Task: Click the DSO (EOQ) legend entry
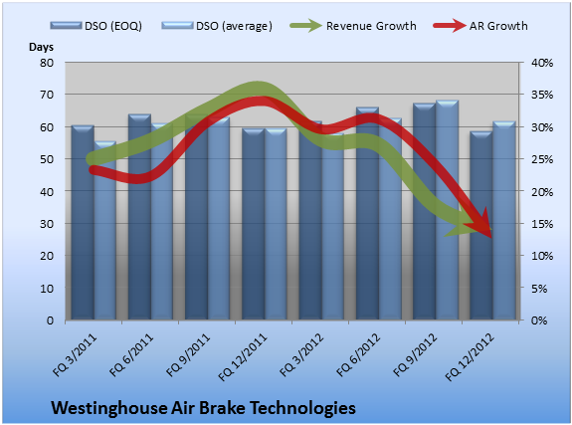point(95,26)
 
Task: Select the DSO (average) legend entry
point(217,26)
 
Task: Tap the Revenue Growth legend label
point(371,26)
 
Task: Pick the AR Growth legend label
point(498,26)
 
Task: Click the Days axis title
point(41,47)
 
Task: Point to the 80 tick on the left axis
point(47,63)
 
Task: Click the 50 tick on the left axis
point(47,159)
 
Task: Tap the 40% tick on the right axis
point(542,63)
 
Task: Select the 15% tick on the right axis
point(542,224)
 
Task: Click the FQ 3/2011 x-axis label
point(76,355)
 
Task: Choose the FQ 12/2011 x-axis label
point(243,357)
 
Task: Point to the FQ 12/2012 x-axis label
point(470,357)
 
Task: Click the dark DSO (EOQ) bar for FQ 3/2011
point(83,223)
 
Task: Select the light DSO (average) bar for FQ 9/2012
point(447,210)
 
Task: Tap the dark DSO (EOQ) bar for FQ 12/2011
point(253,224)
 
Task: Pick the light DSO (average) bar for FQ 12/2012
point(503,221)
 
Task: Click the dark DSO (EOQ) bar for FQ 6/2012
point(367,214)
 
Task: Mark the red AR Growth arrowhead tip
point(491,238)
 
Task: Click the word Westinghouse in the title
point(108,408)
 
